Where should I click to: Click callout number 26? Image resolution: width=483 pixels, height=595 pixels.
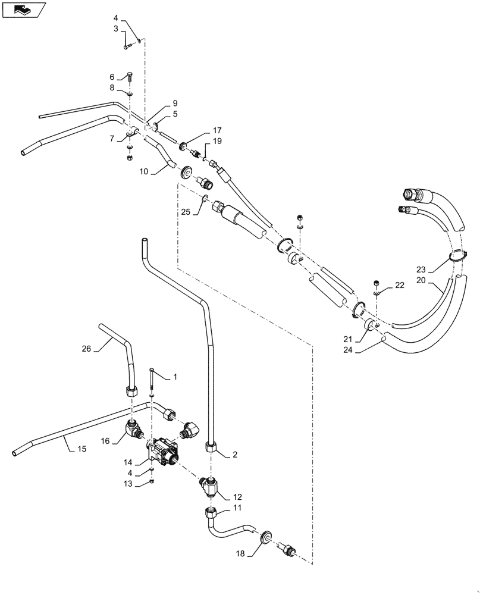87,349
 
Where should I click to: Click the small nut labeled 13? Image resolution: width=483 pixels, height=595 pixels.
152,481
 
